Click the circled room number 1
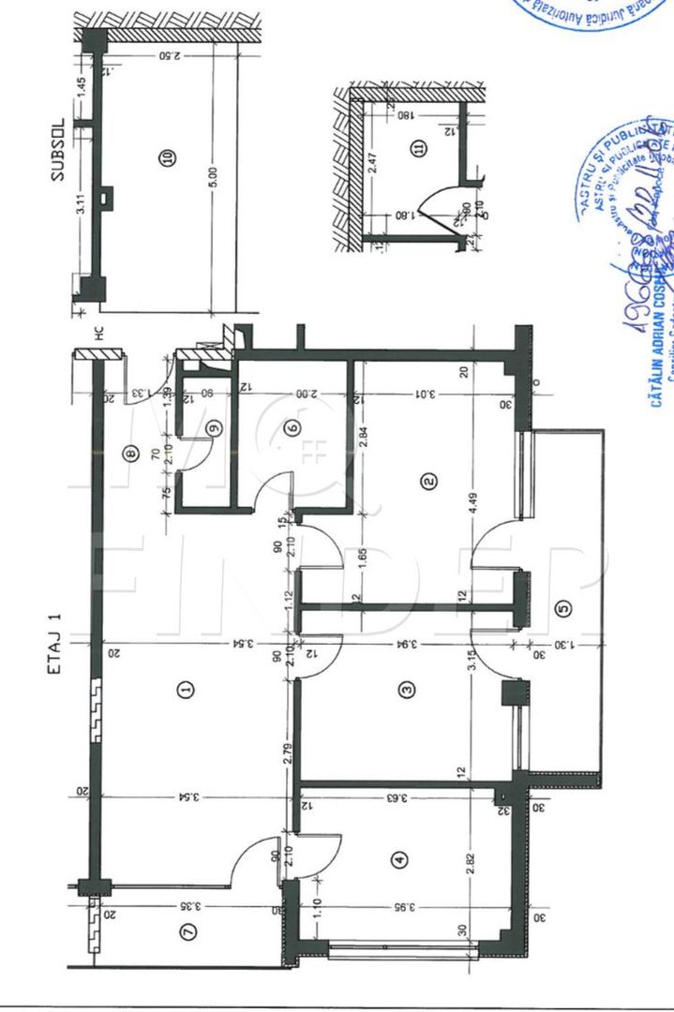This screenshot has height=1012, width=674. point(186,691)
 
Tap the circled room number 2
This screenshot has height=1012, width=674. point(428,482)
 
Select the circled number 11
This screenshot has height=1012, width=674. point(419,148)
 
